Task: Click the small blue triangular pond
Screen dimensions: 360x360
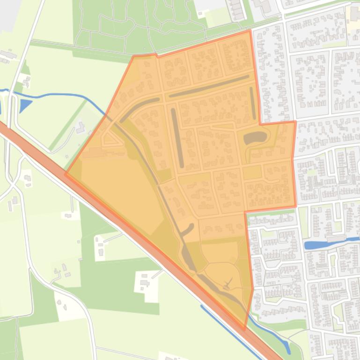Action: pyautogui.click(x=25, y=106)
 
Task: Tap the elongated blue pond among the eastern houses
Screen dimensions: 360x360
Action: pyautogui.click(x=316, y=245)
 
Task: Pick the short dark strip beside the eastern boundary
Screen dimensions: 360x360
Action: pyautogui.click(x=253, y=103)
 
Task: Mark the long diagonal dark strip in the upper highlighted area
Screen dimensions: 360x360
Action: pyautogui.click(x=209, y=86)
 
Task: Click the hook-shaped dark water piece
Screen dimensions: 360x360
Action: pyautogui.click(x=187, y=230)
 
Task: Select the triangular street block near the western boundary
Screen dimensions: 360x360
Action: pyautogui.click(x=110, y=139)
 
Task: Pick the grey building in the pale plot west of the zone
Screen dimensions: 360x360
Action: pyautogui.click(x=81, y=127)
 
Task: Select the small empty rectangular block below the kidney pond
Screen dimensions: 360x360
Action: pyautogui.click(x=252, y=173)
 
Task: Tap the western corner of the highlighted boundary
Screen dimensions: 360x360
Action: pyautogui.click(x=66, y=174)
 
